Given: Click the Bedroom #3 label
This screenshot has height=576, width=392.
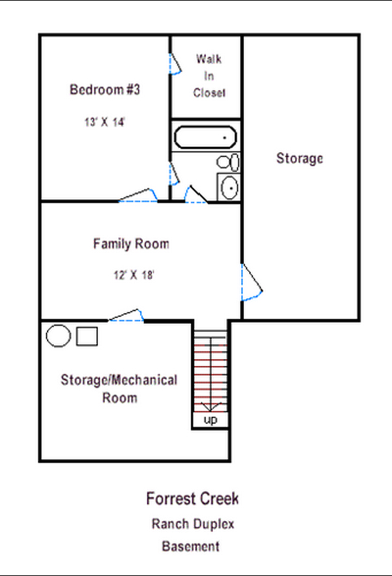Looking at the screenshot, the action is (x=105, y=90).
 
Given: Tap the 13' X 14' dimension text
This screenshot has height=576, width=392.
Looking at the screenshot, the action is (x=105, y=122).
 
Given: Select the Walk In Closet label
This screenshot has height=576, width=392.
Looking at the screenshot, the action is (x=209, y=76).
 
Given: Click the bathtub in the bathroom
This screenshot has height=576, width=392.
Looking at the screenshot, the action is (x=205, y=137).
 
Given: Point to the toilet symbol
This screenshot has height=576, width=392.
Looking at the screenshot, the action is (x=228, y=162).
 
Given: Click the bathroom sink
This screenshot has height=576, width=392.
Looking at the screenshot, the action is (x=229, y=187).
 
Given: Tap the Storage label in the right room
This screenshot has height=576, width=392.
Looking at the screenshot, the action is (x=300, y=158).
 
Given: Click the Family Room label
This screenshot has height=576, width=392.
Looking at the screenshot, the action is (x=131, y=244).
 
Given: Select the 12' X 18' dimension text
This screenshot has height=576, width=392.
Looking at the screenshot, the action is (x=134, y=275).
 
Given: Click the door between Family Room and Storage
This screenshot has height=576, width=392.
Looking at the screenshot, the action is (x=251, y=282).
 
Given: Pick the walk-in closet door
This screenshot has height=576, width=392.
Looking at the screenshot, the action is (x=175, y=64).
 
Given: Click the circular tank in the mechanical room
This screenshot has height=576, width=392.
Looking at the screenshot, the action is (x=59, y=336).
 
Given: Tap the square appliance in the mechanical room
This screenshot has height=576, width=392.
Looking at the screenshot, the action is (x=87, y=336).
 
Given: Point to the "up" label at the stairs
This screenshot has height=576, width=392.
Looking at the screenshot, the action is (x=210, y=420).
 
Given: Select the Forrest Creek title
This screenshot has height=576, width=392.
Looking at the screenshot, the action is (x=193, y=498).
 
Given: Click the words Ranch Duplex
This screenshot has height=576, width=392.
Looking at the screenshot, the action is (x=193, y=524).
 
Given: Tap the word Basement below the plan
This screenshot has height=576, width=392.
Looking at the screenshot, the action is (x=191, y=546).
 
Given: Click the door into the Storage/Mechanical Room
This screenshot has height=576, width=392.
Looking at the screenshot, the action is (x=126, y=315).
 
